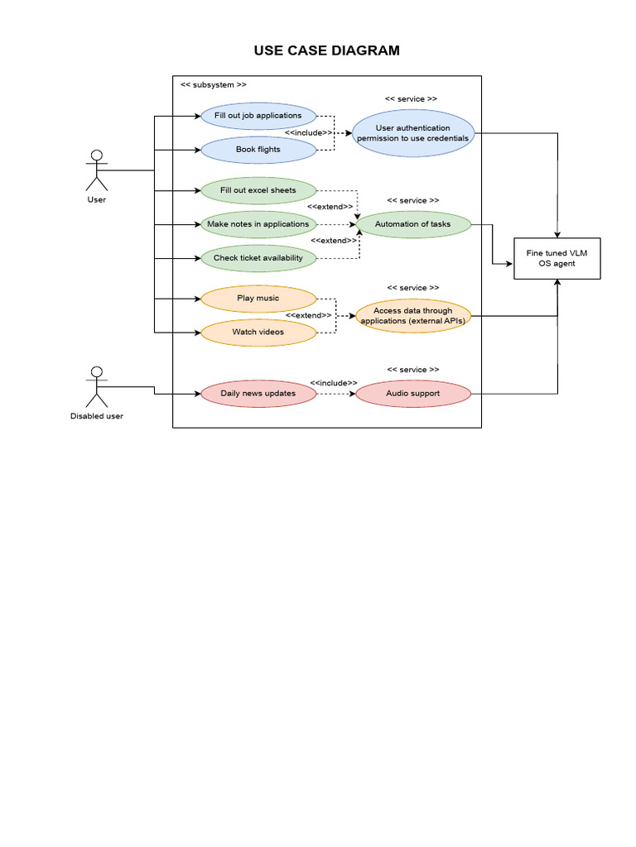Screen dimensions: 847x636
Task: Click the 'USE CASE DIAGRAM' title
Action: tap(326, 50)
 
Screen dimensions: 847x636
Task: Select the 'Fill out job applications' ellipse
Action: tap(258, 116)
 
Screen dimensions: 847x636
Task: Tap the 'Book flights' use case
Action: tap(258, 150)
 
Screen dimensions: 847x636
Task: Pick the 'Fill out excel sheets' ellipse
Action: tap(258, 190)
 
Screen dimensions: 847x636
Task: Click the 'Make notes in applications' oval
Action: tap(258, 224)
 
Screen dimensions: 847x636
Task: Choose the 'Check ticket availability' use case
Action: tap(258, 258)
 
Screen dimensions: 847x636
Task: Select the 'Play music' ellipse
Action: tap(258, 298)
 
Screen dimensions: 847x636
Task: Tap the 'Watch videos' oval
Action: tap(258, 332)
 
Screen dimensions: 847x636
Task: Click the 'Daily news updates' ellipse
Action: tap(258, 394)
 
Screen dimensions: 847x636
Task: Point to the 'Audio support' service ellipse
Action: tap(413, 394)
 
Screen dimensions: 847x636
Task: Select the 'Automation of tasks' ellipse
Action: tap(413, 224)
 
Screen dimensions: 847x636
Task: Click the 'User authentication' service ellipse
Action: tap(413, 133)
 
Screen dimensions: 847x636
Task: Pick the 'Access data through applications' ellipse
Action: tap(413, 316)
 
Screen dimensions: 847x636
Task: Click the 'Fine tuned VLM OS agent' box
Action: tap(556, 258)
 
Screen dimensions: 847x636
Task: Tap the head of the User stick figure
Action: tap(97, 156)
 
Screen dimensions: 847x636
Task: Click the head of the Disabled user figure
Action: tap(97, 372)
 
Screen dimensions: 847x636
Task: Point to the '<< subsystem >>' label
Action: tap(213, 84)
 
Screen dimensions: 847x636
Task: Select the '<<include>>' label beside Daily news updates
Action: tap(334, 383)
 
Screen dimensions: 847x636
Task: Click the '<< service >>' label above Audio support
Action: tap(412, 370)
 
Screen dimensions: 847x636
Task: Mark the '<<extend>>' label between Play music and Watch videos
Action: tap(309, 315)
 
